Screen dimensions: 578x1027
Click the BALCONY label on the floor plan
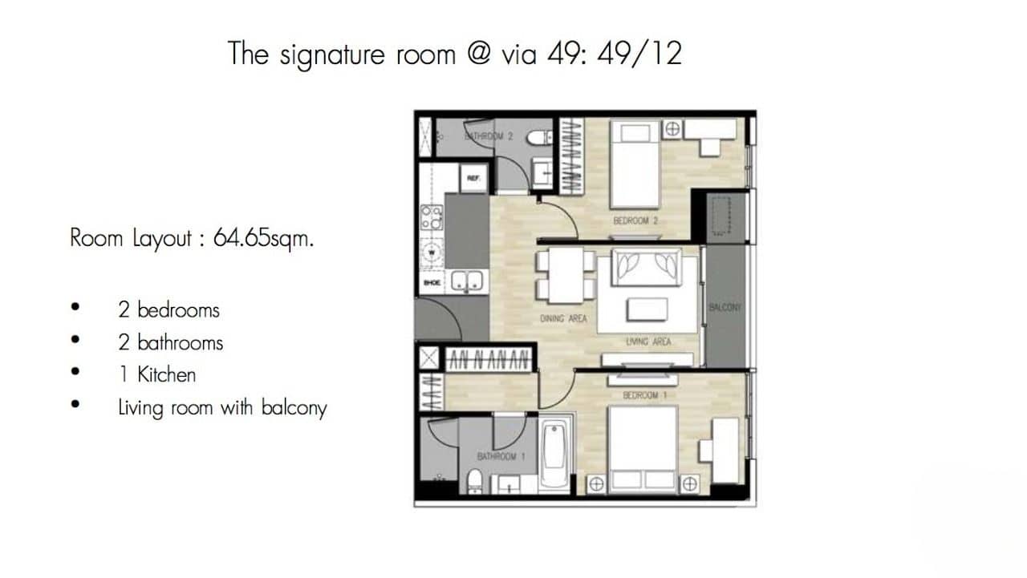coord(725,308)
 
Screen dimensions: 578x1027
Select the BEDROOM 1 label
coord(640,395)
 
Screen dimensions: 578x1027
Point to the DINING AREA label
coord(563,319)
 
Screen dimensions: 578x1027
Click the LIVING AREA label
coord(648,342)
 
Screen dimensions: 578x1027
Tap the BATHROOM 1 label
coord(501,456)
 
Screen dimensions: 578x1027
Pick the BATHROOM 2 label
coord(489,136)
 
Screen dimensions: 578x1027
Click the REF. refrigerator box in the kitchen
coord(473,179)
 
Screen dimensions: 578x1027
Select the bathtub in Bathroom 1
coord(555,452)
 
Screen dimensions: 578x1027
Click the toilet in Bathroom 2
coord(538,137)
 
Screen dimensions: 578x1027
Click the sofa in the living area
coord(646,266)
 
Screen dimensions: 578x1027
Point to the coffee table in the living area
coord(647,309)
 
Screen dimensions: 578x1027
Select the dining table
coord(566,276)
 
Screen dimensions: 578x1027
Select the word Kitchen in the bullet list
coord(166,374)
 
